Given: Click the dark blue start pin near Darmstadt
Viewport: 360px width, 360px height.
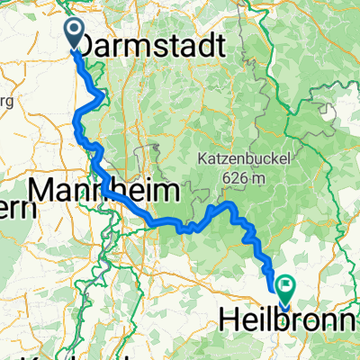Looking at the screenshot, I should click(75, 35).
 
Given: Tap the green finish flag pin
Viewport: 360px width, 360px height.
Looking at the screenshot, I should click(285, 289).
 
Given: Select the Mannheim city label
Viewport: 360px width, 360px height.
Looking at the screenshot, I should click(106, 192).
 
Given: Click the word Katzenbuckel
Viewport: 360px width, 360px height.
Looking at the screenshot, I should click(238, 162).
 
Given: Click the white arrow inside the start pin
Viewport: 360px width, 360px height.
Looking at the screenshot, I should click(75, 31).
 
